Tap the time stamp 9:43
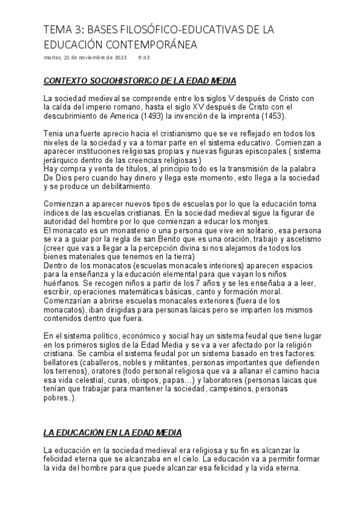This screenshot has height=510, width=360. point(144,58)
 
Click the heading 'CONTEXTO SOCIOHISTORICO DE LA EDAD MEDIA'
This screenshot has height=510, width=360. point(140,81)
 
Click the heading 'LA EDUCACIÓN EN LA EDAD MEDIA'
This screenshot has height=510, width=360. point(113,433)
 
